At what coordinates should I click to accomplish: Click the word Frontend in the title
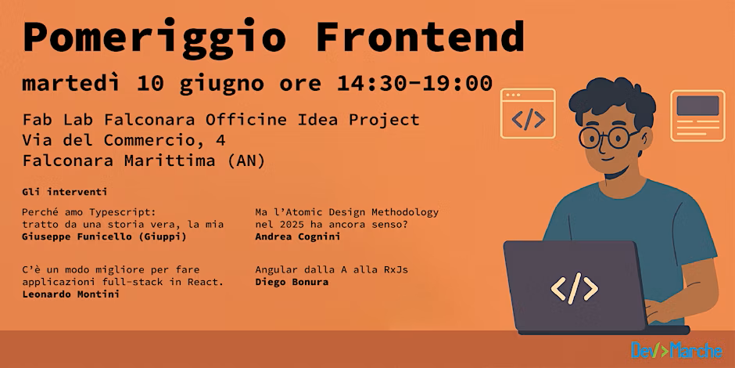point(421,36)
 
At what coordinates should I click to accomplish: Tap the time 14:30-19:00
point(415,84)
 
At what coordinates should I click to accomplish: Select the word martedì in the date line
point(71,84)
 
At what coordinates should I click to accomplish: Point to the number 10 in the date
point(150,84)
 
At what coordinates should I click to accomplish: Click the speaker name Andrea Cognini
point(298,236)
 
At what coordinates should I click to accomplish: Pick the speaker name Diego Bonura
point(292,282)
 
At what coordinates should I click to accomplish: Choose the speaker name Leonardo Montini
point(71,294)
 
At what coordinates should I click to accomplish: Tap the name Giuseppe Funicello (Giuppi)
point(104,237)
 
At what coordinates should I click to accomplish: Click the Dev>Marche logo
point(676,350)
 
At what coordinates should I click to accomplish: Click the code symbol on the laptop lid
point(574,288)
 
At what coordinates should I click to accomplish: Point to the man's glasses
point(608,136)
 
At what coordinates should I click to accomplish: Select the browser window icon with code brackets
point(528,114)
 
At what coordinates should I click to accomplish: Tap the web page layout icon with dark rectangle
point(697,115)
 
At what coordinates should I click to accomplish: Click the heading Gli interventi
point(65,192)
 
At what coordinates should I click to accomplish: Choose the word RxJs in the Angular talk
point(396,270)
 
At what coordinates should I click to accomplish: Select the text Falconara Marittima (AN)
point(144,161)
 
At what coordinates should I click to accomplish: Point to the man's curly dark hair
point(612,99)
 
